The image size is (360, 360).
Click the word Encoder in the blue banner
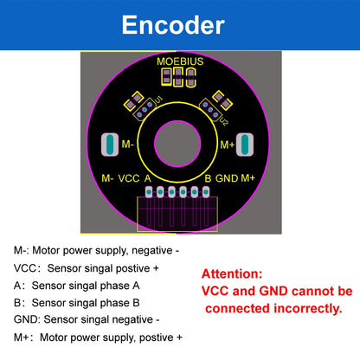[x=173, y=25]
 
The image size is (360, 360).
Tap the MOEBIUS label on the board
[x=180, y=61]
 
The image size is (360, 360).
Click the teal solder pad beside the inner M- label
[x=110, y=145]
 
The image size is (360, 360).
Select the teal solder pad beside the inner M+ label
[x=245, y=145]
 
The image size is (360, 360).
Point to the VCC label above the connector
[x=129, y=178]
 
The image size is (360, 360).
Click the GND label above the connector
[x=227, y=178]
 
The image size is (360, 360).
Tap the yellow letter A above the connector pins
[x=148, y=178]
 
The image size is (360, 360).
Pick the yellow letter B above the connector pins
[x=208, y=178]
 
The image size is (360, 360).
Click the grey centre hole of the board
[x=177, y=144]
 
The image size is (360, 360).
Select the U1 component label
[x=158, y=100]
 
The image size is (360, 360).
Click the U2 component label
[x=224, y=122]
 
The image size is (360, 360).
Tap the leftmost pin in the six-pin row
[x=149, y=191]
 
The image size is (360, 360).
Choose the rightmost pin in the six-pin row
[x=206, y=191]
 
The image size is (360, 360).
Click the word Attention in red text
[x=232, y=273]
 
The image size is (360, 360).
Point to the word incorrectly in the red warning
[x=308, y=309]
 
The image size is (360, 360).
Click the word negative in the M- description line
[x=152, y=250]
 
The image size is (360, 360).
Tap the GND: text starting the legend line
[x=27, y=319]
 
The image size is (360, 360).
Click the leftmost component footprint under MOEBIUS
[x=166, y=77]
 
